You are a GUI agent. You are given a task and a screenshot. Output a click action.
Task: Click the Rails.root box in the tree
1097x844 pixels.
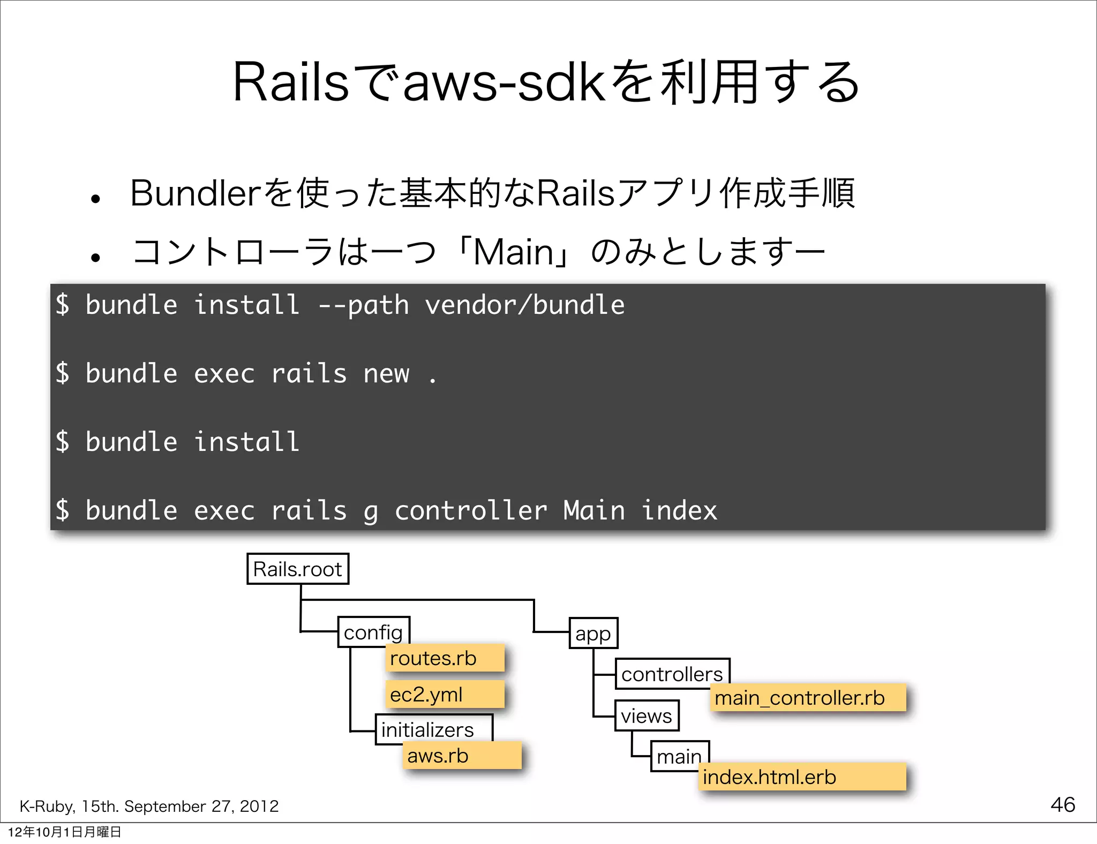298,569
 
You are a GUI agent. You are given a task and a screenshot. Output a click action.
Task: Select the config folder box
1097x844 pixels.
373,632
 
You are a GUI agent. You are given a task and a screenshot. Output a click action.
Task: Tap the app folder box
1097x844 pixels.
593,633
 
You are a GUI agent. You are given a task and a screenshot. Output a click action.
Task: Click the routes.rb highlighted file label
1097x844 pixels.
445,658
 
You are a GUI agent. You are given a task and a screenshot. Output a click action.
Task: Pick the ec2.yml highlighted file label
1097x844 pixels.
445,695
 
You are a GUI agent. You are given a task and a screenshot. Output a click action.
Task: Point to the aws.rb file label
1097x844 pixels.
462,756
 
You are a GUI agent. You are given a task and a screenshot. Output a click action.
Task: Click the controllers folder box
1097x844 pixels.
672,673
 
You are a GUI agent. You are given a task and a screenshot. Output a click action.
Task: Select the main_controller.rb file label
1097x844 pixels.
807,698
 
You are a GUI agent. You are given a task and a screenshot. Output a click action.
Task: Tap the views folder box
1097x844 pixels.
647,715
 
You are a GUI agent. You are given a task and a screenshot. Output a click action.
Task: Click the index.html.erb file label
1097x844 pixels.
802,777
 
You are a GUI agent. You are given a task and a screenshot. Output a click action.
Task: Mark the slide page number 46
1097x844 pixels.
1063,804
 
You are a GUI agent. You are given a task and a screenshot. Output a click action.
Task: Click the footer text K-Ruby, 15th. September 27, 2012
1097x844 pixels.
149,806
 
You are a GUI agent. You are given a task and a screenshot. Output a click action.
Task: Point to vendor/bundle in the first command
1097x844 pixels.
524,305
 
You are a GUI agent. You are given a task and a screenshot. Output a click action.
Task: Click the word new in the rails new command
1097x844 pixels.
386,373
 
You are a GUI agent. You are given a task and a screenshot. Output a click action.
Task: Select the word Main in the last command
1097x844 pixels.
594,510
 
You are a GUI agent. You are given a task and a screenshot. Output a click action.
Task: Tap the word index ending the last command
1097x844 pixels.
679,510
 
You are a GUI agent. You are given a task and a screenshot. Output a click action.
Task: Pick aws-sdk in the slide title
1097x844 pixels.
504,83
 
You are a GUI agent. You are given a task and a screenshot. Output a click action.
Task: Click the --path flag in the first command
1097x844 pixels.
363,305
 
